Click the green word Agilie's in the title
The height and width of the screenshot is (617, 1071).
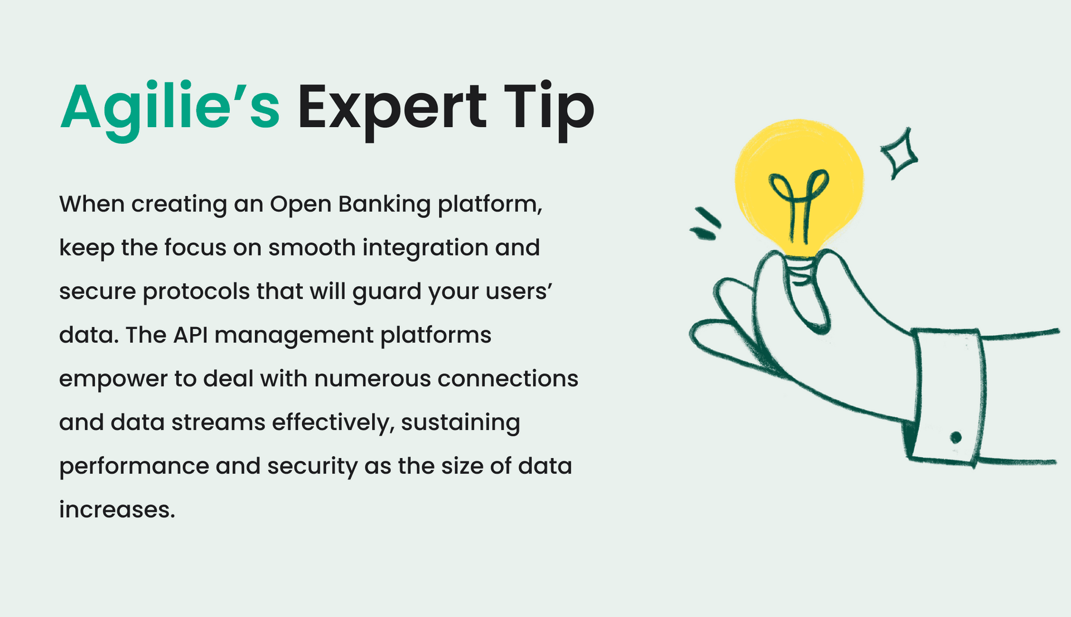click(x=170, y=109)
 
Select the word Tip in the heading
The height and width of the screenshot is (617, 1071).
click(x=549, y=109)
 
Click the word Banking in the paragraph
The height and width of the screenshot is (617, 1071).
click(x=384, y=205)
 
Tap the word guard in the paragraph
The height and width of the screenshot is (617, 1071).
click(x=387, y=292)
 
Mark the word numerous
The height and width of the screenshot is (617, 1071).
click(x=373, y=379)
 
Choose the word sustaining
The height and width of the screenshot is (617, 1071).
click(x=460, y=423)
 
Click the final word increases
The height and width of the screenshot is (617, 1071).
click(x=117, y=509)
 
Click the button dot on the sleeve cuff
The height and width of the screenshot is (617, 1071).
click(x=956, y=437)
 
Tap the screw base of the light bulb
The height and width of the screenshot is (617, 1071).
click(x=801, y=271)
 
